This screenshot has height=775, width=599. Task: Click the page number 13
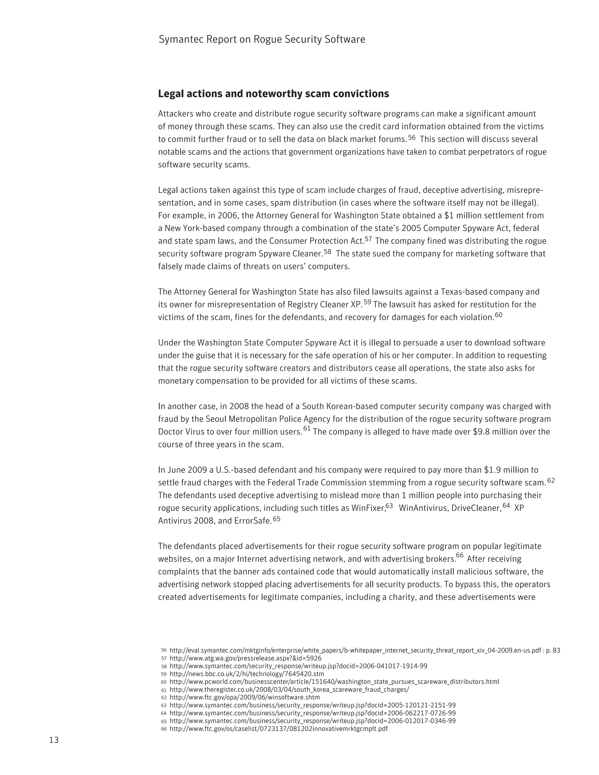click(x=54, y=740)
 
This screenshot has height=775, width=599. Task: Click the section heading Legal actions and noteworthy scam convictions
click(x=273, y=94)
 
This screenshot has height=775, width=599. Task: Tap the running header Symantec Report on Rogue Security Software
click(x=261, y=39)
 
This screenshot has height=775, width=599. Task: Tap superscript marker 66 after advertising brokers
click(x=460, y=556)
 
